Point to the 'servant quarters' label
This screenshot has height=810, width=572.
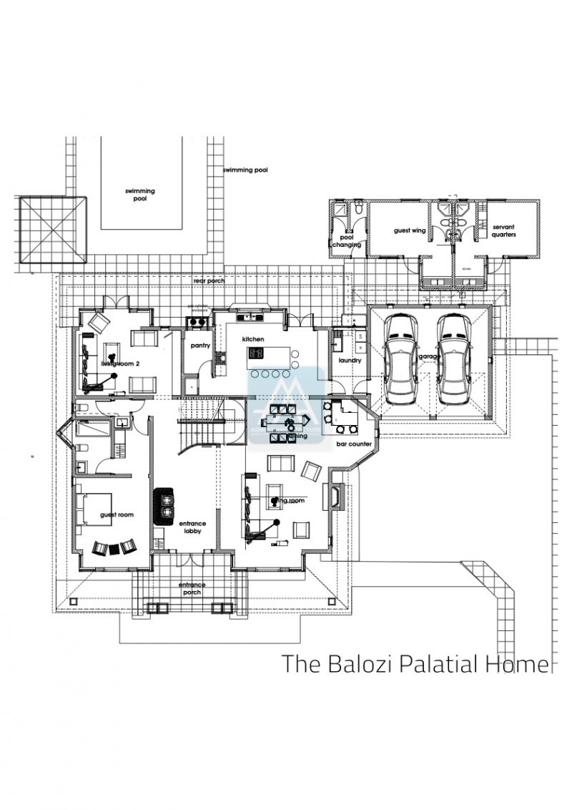tap(503, 230)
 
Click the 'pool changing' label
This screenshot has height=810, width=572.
tap(346, 240)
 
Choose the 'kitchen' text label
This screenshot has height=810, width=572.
tap(253, 338)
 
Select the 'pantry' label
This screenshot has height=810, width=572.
tap(199, 346)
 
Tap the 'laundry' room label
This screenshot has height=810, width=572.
tap(350, 360)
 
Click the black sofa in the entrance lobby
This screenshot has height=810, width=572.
tap(165, 502)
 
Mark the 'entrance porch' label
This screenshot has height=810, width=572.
tap(192, 588)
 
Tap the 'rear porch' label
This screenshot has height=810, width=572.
tap(208, 280)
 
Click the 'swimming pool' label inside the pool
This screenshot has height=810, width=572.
tap(140, 195)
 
